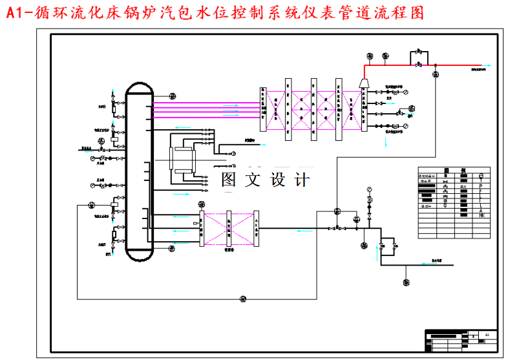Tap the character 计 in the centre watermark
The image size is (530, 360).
point(301,180)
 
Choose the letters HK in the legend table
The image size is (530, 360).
point(482,215)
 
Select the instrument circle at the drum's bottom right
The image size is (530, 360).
point(171,248)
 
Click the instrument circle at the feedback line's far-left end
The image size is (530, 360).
point(90,206)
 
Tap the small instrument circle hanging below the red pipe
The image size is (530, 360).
point(434,75)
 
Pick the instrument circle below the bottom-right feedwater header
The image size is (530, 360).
point(406,282)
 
